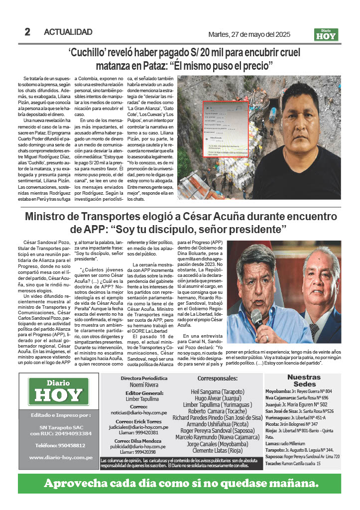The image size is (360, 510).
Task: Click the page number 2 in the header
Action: [27, 32]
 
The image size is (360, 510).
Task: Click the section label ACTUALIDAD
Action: [68, 32]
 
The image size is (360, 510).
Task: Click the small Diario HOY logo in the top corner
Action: [326, 34]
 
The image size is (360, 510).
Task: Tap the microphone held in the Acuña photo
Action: [257, 317]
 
